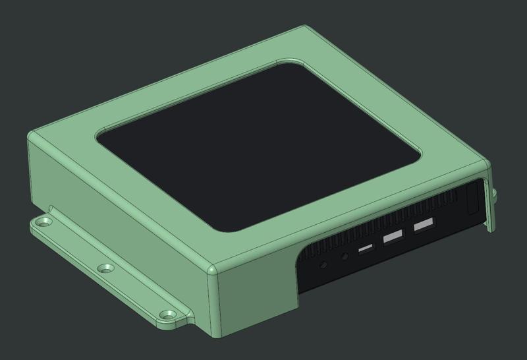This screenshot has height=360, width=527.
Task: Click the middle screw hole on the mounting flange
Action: pos(104,268)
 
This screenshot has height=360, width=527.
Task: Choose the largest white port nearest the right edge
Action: pos(424,225)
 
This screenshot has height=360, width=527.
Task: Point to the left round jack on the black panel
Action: pos(323,266)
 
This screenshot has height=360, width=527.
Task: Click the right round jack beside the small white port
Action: pos(345,256)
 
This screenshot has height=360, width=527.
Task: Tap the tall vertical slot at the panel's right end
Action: pos(472,198)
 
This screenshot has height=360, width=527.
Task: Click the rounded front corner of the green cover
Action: pos(212,270)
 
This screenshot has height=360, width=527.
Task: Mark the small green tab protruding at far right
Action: pos(492,198)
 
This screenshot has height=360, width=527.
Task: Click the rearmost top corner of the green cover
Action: pos(304,29)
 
